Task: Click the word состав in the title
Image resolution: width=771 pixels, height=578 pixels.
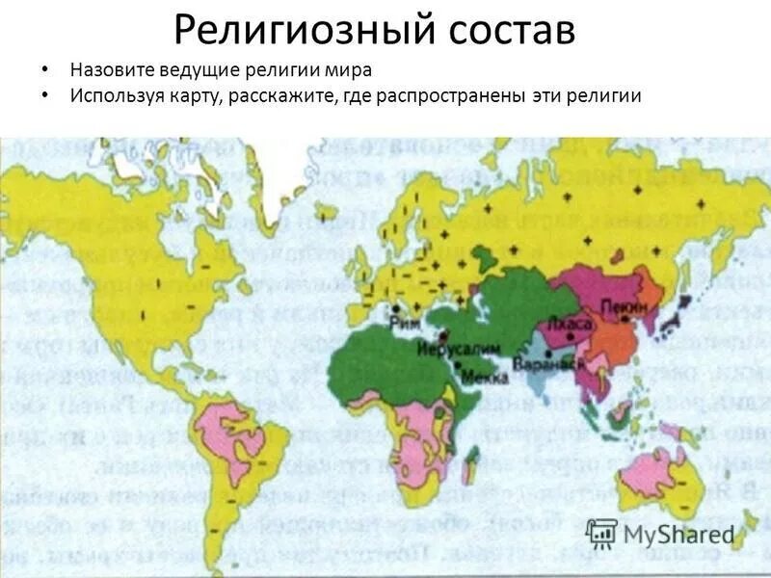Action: [x=512, y=30]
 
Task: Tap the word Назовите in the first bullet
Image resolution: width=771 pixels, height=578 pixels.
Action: [x=112, y=70]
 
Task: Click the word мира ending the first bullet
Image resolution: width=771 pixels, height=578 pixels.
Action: [x=349, y=70]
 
